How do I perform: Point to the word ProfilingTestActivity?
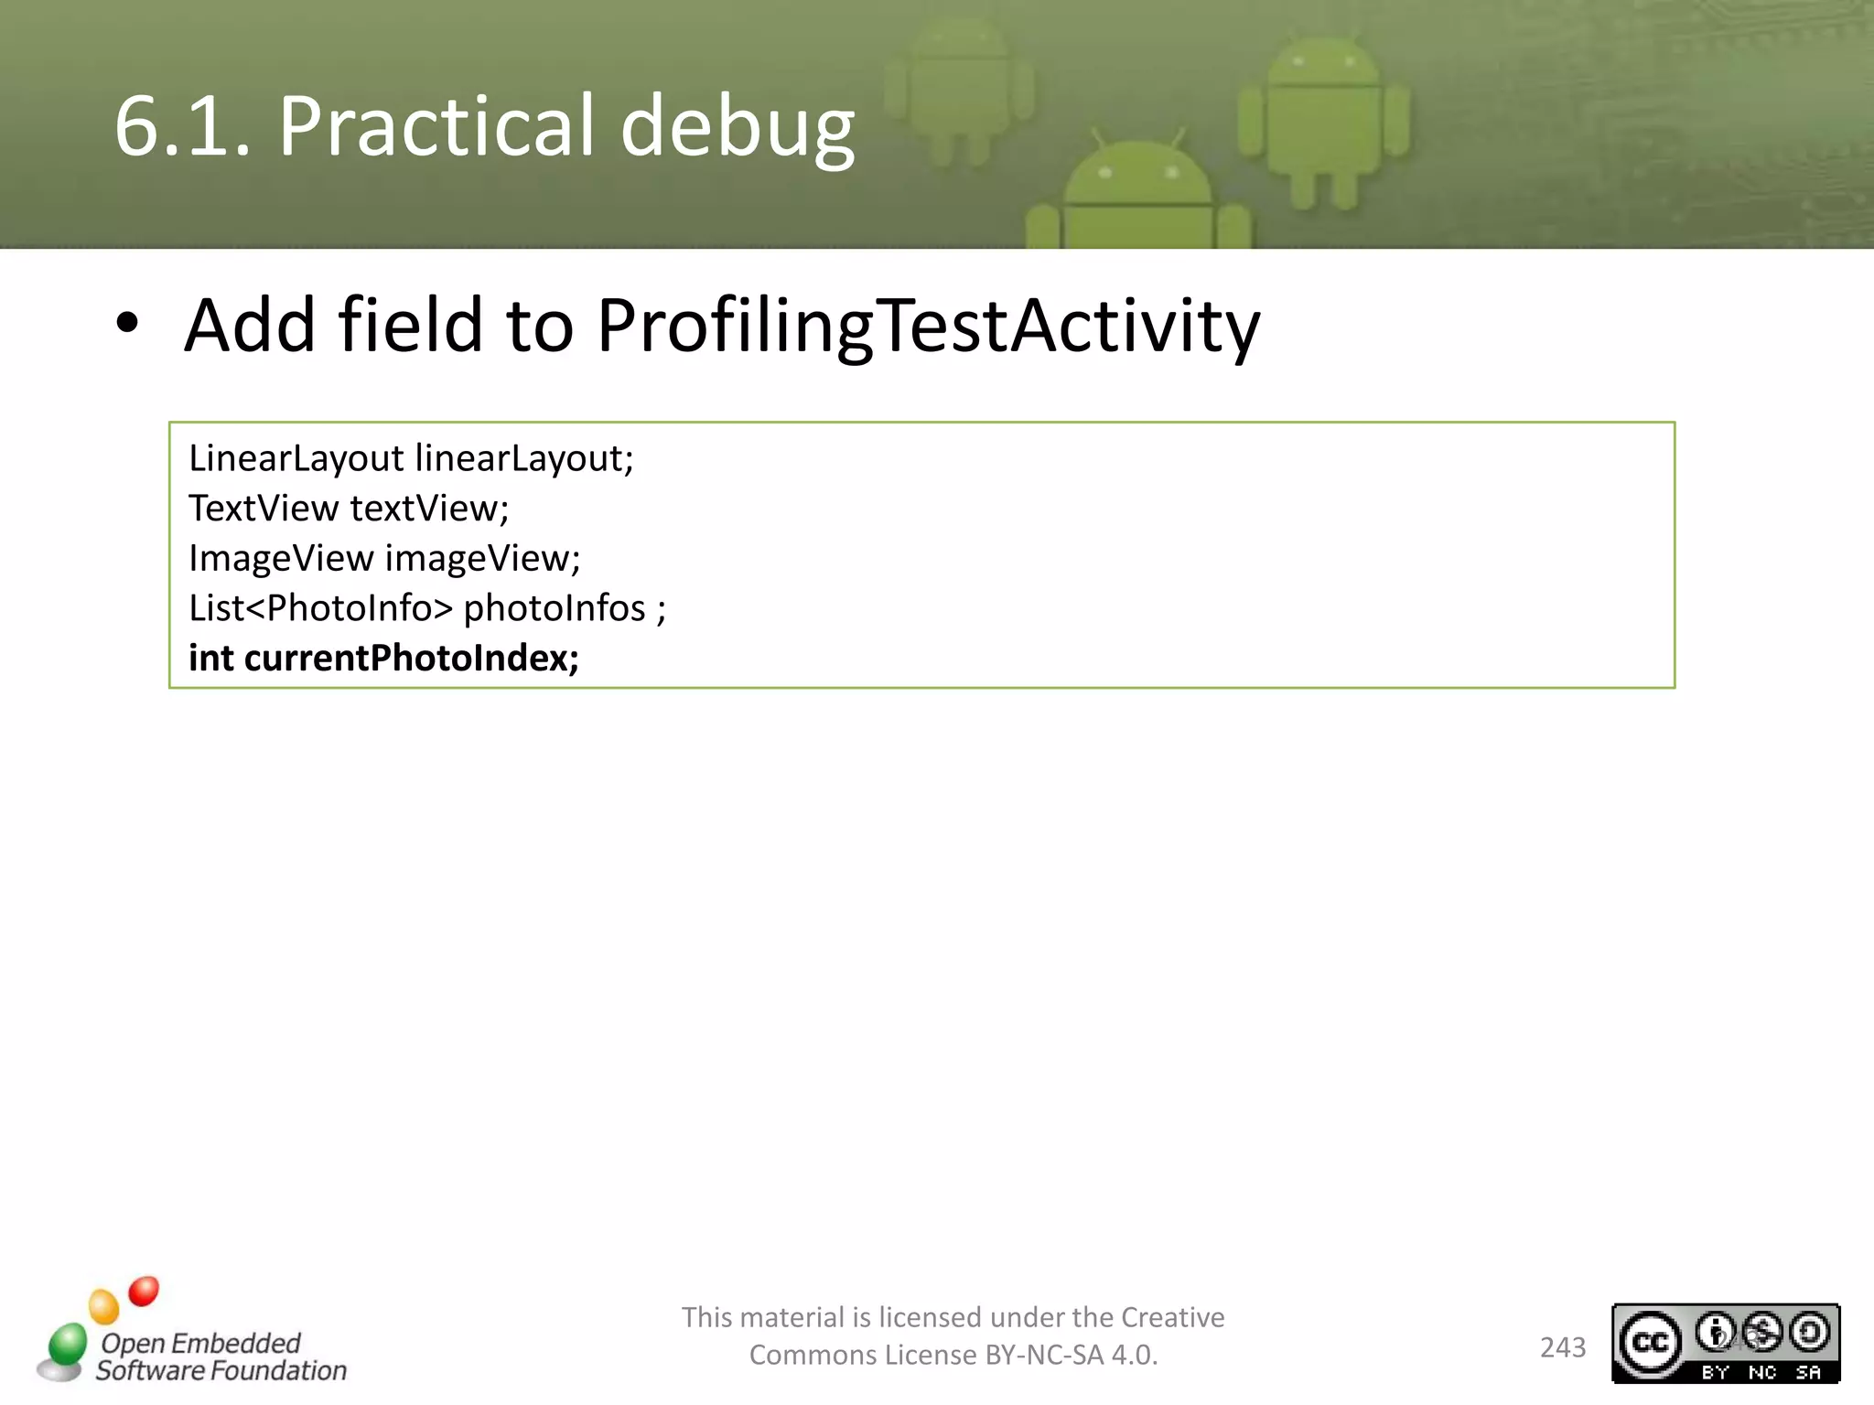click(928, 326)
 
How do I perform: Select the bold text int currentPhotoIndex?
click(383, 658)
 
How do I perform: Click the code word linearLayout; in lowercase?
click(523, 458)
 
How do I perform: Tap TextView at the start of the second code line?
click(263, 509)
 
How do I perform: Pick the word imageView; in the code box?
click(481, 558)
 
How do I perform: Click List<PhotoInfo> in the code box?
click(320, 608)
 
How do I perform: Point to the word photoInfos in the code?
click(555, 608)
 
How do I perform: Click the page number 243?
click(1562, 1347)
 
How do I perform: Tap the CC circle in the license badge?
click(1650, 1342)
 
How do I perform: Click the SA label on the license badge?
click(1808, 1372)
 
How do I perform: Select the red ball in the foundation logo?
click(144, 1291)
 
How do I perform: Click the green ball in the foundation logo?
click(68, 1344)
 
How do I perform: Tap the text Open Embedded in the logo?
click(200, 1343)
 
